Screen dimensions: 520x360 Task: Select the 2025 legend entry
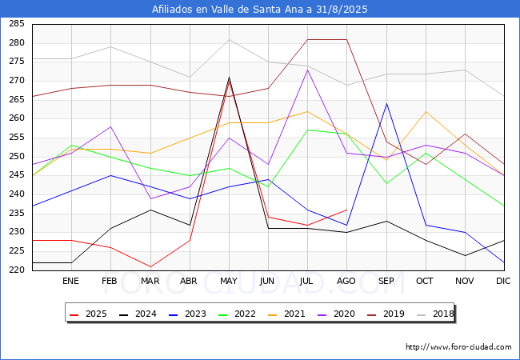[89, 314]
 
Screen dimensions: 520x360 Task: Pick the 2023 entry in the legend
[188, 314]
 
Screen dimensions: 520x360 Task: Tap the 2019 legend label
[386, 314]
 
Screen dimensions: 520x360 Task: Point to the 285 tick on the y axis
[17, 24]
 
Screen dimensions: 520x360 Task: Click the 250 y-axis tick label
[17, 156]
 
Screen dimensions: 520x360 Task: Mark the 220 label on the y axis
[17, 270]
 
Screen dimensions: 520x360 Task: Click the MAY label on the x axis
[229, 281]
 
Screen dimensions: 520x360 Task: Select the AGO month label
[346, 281]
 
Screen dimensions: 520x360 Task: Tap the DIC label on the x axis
[503, 281]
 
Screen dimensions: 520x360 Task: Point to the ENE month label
[70, 281]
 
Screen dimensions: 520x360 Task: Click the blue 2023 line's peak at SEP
[386, 103]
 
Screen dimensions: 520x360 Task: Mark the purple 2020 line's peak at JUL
[308, 70]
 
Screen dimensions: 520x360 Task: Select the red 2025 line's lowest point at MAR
[150, 267]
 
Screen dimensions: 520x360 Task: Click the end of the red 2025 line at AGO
[347, 210]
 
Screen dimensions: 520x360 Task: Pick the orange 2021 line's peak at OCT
[426, 111]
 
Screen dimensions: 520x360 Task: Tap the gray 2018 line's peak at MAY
[229, 39]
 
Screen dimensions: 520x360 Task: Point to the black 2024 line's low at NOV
[465, 255]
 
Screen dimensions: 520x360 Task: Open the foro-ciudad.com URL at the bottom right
[458, 347]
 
